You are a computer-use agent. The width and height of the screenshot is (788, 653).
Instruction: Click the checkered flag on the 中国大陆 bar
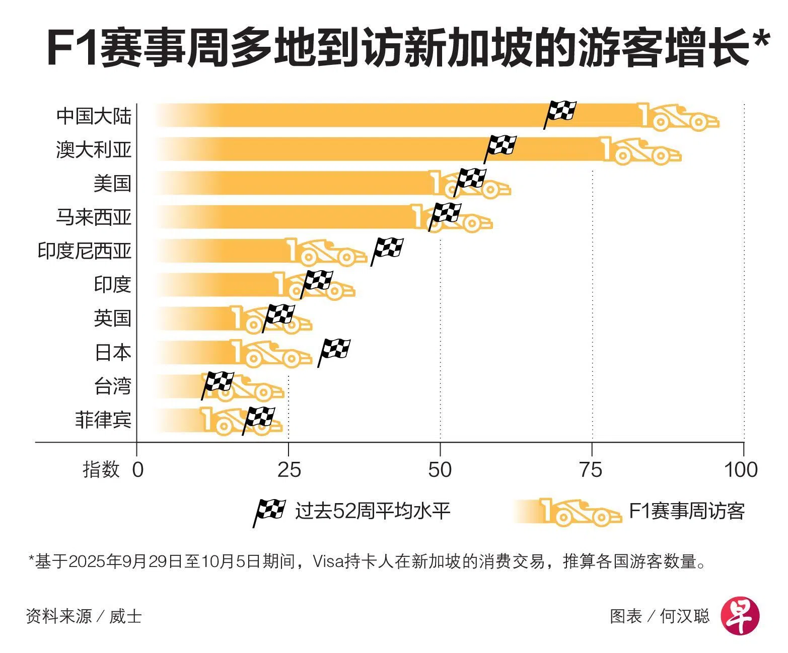(x=560, y=112)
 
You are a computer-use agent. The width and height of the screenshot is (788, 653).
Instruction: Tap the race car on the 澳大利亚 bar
(x=642, y=150)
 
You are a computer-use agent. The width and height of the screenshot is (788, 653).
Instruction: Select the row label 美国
(x=112, y=183)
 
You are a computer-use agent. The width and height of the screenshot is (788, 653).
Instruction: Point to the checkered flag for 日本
(x=334, y=350)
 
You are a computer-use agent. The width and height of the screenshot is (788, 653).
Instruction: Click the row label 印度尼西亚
(x=85, y=251)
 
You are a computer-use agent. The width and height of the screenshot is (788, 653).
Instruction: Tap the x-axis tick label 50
(x=440, y=469)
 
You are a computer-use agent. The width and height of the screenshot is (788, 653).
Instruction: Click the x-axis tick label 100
(x=741, y=469)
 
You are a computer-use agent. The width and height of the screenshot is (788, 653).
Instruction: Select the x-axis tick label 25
(x=289, y=469)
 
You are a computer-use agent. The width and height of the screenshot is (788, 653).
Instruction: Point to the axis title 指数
(x=101, y=469)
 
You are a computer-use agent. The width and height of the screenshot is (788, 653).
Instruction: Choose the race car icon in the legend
(x=579, y=512)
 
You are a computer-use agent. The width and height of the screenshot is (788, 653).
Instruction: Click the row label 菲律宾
(x=103, y=419)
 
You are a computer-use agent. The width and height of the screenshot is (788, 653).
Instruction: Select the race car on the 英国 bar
(x=271, y=319)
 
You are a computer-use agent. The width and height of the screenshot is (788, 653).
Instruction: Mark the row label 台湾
(x=112, y=386)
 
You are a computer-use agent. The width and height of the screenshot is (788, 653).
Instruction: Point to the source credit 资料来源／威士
(x=84, y=616)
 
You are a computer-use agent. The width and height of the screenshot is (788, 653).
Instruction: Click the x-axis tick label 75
(x=591, y=469)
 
